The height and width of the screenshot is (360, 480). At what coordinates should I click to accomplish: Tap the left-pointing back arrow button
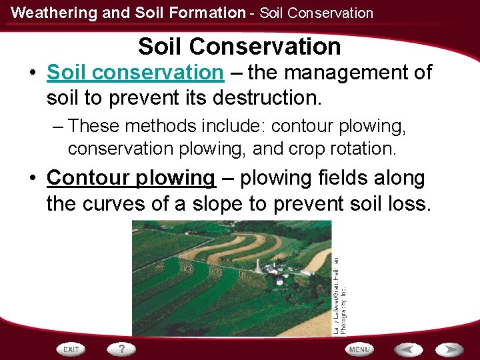tap(408, 349)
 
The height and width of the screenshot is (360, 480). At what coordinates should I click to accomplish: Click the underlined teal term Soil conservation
tap(135, 72)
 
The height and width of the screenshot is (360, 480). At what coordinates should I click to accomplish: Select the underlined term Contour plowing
tap(131, 178)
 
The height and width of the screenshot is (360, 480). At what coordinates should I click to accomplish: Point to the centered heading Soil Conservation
tap(239, 46)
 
